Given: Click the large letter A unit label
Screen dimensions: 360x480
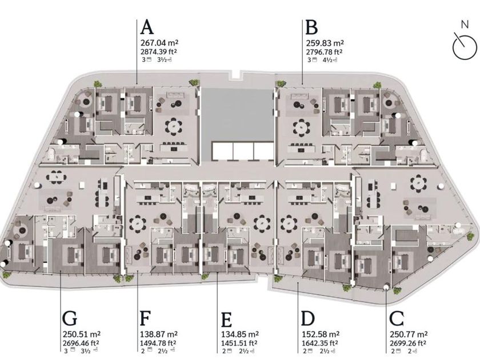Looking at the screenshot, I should [x=147, y=27].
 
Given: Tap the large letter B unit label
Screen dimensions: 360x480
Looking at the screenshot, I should [x=311, y=27].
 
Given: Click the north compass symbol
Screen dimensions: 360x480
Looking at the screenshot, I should [x=464, y=46].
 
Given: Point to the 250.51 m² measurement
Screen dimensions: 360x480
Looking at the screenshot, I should [x=79, y=334].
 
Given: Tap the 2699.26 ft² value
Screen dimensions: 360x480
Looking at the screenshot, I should [x=408, y=343].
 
